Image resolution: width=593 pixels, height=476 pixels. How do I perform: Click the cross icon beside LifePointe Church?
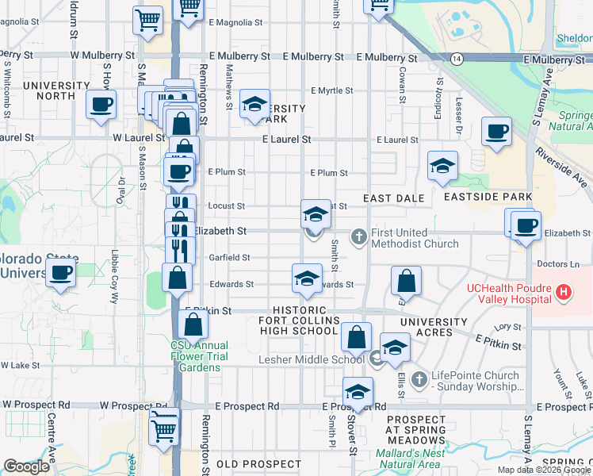[419, 376]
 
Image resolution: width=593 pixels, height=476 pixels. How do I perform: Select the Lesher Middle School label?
[312, 359]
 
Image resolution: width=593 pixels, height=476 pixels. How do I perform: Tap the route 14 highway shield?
[457, 59]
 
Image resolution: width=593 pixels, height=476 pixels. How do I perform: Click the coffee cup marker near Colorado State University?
[61, 274]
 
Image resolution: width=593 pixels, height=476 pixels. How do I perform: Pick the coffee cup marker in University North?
[101, 105]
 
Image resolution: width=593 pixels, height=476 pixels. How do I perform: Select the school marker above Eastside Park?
[442, 166]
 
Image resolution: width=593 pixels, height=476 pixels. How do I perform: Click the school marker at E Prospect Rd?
[358, 392]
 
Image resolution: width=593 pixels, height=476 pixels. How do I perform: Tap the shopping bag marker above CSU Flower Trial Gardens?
[193, 324]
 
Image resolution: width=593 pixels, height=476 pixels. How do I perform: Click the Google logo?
[27, 466]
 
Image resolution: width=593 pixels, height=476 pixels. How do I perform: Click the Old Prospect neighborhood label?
[249, 463]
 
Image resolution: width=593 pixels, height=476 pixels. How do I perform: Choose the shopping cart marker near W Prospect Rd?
[164, 429]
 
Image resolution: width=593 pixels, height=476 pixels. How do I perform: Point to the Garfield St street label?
[229, 257]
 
